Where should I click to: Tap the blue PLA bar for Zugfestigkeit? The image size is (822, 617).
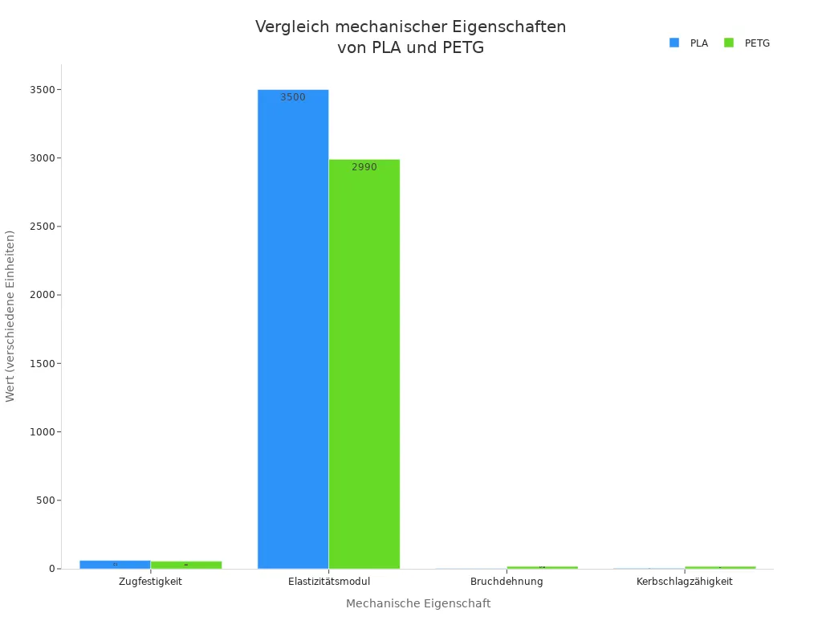(x=115, y=564)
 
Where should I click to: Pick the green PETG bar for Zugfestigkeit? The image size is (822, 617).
(x=186, y=565)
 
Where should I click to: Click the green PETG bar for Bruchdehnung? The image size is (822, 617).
(x=542, y=567)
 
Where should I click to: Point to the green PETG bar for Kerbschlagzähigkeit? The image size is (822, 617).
(x=720, y=567)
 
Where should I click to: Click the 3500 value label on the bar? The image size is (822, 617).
(x=293, y=97)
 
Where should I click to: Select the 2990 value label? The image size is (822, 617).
(x=364, y=167)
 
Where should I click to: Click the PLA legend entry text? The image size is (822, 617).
(x=699, y=43)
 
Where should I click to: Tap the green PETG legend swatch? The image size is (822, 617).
(x=729, y=43)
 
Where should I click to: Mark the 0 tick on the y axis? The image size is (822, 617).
(x=51, y=569)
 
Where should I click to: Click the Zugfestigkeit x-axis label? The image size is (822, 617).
(x=150, y=582)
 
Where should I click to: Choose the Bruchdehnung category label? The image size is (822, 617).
(x=507, y=582)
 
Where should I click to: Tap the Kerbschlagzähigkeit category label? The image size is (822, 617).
(x=685, y=582)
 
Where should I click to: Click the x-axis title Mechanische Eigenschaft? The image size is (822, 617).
(x=418, y=603)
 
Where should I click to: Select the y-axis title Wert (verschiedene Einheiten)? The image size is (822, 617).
(x=10, y=316)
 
